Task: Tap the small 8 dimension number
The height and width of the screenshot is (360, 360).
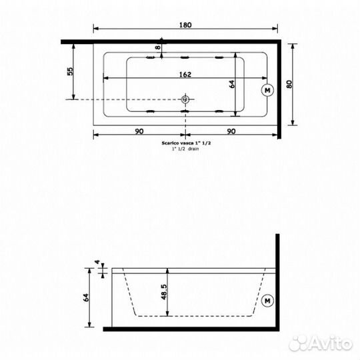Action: (158, 48)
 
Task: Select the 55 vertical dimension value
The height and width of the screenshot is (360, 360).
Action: (69, 73)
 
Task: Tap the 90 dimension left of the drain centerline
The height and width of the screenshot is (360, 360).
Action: (139, 132)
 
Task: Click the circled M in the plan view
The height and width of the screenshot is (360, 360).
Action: (267, 89)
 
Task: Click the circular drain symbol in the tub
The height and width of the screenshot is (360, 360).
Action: (185, 101)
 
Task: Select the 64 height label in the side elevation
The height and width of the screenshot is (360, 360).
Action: (85, 297)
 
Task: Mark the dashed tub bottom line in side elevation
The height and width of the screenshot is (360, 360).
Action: (193, 314)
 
